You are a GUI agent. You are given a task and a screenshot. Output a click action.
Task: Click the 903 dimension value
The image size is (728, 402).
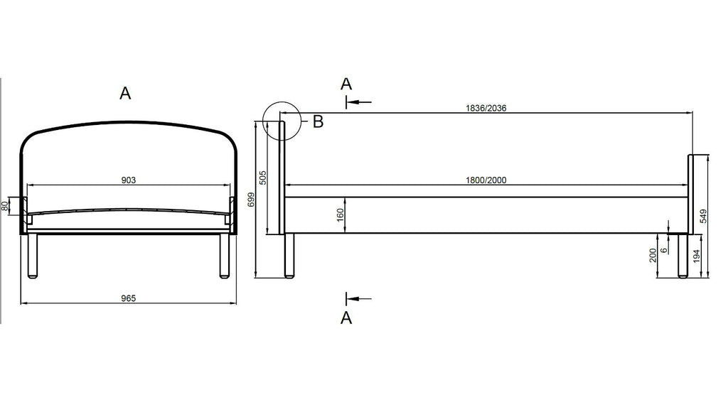pyautogui.click(x=128, y=180)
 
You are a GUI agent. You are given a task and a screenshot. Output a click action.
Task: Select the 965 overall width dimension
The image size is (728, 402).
pyautogui.click(x=128, y=298)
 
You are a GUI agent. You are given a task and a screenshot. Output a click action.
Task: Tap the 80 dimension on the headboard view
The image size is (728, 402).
pyautogui.click(x=6, y=206)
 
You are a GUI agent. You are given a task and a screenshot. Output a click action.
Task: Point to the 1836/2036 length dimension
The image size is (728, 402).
pyautogui.click(x=486, y=108)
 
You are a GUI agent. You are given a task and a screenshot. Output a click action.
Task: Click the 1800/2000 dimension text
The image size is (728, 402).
pyautogui.click(x=486, y=180)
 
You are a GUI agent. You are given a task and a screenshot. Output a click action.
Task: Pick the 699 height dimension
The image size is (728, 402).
pyautogui.click(x=251, y=200)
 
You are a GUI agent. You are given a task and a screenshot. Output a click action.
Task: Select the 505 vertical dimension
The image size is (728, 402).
pyautogui.click(x=263, y=178)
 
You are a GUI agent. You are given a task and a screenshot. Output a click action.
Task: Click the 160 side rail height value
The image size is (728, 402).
pyautogui.click(x=340, y=214)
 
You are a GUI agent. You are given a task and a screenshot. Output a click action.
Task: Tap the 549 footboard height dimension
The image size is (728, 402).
pyautogui.click(x=703, y=216)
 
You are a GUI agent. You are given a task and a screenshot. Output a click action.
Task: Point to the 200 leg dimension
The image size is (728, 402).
pyautogui.click(x=653, y=256)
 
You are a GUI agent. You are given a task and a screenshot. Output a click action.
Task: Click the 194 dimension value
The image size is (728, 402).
pyautogui.click(x=696, y=256)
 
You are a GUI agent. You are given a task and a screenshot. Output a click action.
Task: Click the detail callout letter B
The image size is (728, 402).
pyautogui.click(x=318, y=122)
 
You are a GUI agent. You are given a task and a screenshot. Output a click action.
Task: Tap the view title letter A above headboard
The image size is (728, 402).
pyautogui.click(x=125, y=93)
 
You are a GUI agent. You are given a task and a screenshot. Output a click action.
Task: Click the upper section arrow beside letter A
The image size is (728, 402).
pyautogui.click(x=358, y=102)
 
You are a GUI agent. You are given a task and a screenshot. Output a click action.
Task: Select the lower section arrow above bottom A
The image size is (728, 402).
pyautogui.click(x=358, y=299)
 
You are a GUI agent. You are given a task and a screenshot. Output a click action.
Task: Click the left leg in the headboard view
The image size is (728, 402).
pyautogui.click(x=32, y=256)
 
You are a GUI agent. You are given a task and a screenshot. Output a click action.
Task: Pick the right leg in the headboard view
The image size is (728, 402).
pyautogui.click(x=224, y=256)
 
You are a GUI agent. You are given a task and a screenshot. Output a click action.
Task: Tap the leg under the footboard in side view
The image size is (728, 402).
pyautogui.click(x=682, y=256)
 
